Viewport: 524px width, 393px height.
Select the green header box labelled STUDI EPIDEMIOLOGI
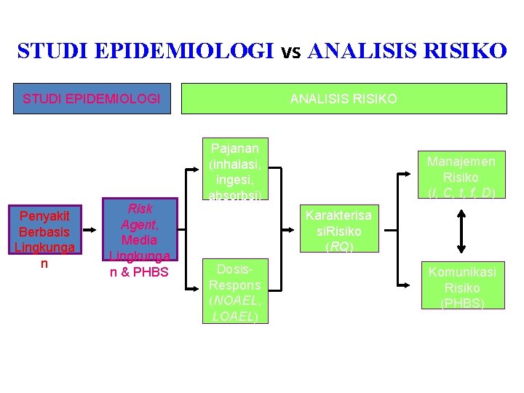(92, 98)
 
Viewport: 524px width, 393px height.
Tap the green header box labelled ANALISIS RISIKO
(344, 98)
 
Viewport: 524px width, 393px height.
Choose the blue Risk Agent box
(139, 239)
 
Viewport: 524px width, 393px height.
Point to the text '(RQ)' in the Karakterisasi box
(339, 246)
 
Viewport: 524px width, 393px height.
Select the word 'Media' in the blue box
(139, 239)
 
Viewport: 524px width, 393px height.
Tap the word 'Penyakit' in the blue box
(44, 216)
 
